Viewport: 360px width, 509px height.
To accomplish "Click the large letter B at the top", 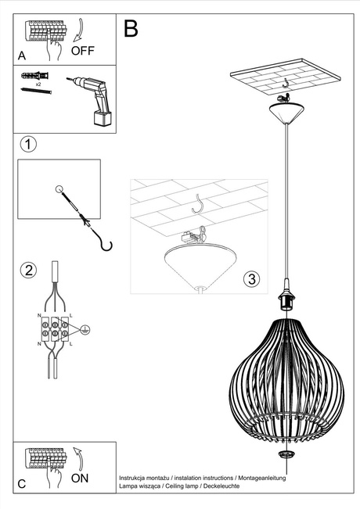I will pyautogui.click(x=131, y=29).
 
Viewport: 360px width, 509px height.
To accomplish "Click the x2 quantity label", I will pyautogui.click(x=38, y=83).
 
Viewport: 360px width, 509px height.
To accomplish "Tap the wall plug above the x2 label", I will pyautogui.click(x=34, y=75).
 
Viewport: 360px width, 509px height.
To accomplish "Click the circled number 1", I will pyautogui.click(x=28, y=145).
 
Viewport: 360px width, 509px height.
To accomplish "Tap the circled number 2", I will pyautogui.click(x=28, y=271).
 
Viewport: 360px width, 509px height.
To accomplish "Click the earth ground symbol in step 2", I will pyautogui.click(x=86, y=330).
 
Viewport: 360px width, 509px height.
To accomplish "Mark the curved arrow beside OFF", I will pyautogui.click(x=77, y=33).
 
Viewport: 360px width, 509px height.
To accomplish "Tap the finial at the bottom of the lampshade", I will pyautogui.click(x=287, y=454).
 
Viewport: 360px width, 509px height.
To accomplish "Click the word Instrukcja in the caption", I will pyautogui.click(x=135, y=477).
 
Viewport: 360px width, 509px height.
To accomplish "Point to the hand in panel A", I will pyautogui.click(x=53, y=51).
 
